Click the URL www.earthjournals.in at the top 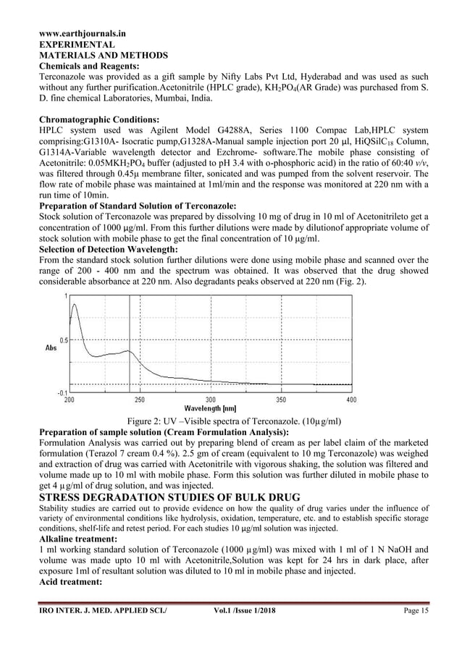point(82,33)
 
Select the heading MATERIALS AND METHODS point(103,55)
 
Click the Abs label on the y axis point(51,348)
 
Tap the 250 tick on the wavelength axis point(139,400)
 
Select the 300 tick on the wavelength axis point(210,400)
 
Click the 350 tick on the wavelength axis point(280,400)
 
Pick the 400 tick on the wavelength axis point(350,400)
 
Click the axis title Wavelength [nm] point(210,408)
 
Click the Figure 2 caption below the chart point(235,421)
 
